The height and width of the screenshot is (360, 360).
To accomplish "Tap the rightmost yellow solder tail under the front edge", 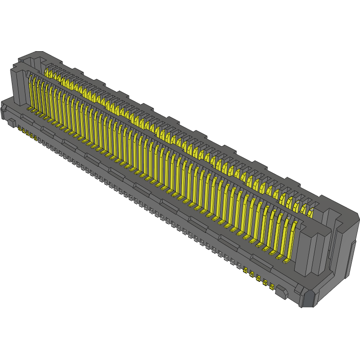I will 272,287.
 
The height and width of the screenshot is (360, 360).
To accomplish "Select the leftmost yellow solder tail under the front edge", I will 19,129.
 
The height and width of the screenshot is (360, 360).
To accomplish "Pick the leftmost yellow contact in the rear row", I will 47,72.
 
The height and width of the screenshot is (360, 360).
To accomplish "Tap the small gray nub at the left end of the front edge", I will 10,122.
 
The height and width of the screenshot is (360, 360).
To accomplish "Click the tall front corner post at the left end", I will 18,87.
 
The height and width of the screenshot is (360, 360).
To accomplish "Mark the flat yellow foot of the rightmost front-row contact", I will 286,261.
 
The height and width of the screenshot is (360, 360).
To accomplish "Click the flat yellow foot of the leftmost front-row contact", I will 29,110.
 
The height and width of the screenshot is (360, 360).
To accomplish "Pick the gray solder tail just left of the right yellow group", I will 238,265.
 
